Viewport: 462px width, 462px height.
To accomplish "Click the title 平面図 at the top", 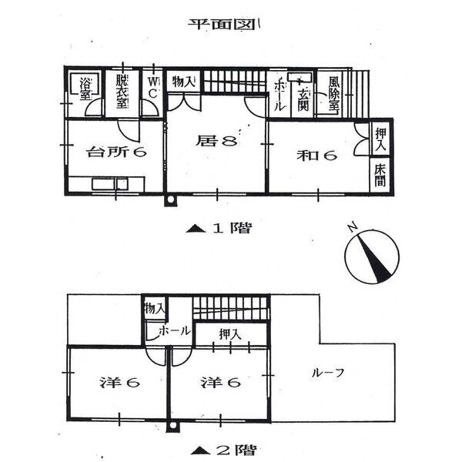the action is pyautogui.click(x=222, y=25).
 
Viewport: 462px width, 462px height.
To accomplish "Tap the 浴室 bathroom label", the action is pyautogui.click(x=85, y=89).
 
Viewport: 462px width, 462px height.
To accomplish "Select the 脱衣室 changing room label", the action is pyautogui.click(x=122, y=91).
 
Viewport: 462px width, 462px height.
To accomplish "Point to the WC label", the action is pyautogui.click(x=152, y=88).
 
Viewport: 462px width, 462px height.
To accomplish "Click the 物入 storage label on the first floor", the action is pyautogui.click(x=183, y=82).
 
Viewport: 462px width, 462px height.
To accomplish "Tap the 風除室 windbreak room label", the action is pyautogui.click(x=333, y=94).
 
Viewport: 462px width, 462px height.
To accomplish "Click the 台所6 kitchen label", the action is pyautogui.click(x=116, y=152).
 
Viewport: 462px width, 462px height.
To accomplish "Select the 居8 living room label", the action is pyautogui.click(x=216, y=141).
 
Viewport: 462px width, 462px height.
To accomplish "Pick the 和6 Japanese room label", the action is pyautogui.click(x=316, y=156).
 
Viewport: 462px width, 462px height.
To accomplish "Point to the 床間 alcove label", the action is pyautogui.click(x=380, y=175).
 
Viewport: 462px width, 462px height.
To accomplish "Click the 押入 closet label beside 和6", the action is pyautogui.click(x=380, y=140).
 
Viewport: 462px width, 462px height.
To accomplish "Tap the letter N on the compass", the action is pyautogui.click(x=353, y=227).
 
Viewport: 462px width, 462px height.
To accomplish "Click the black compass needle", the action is pyautogui.click(x=374, y=259).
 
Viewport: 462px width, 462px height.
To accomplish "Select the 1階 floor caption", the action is pyautogui.click(x=219, y=229).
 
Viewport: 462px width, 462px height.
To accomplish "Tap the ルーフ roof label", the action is pyautogui.click(x=328, y=373).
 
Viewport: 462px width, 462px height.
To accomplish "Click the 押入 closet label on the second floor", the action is pyautogui.click(x=230, y=334).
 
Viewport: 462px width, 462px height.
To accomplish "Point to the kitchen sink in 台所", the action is pyautogui.click(x=109, y=185).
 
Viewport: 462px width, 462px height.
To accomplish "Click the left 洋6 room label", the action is pyautogui.click(x=119, y=383).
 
